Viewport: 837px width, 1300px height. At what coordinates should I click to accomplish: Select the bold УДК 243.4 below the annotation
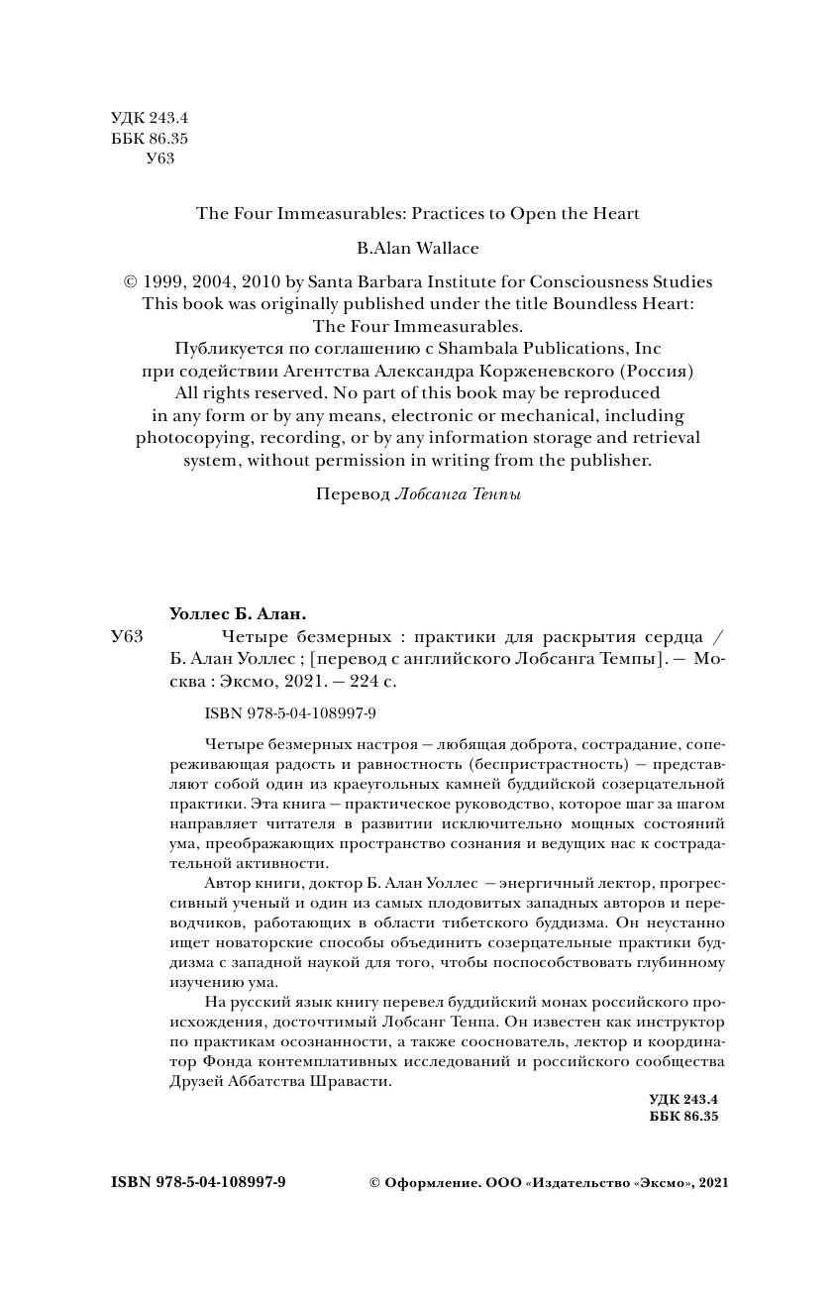682,1099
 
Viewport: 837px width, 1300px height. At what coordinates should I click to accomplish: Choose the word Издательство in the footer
580,1182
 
